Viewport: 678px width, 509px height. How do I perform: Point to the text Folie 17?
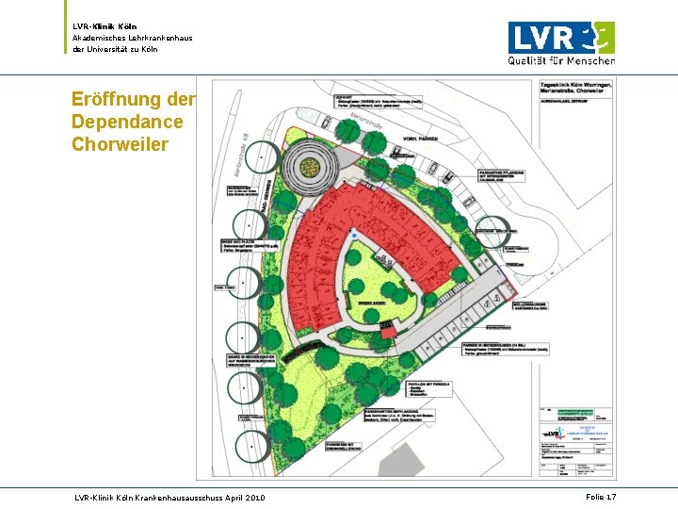point(600,496)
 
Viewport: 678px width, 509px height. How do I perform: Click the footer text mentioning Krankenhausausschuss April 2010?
point(169,497)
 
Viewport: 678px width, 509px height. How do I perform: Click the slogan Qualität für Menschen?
point(561,60)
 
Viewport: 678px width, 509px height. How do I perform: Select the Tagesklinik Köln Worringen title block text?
point(576,88)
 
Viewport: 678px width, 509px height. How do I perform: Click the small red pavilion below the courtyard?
point(388,331)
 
